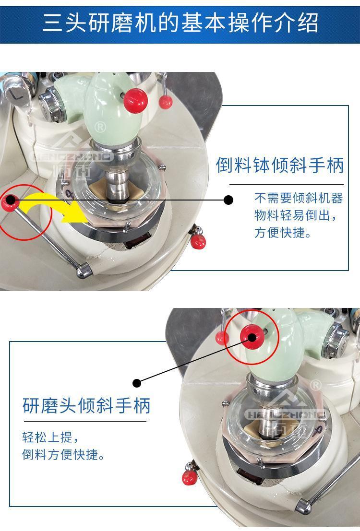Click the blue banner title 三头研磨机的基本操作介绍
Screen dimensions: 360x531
(x=180, y=23)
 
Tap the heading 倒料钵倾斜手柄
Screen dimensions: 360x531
(x=280, y=165)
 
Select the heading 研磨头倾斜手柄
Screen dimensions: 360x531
(x=86, y=405)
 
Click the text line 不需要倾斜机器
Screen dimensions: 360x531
(x=299, y=198)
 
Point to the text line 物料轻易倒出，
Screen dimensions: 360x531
(x=296, y=215)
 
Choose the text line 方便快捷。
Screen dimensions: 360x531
(x=283, y=232)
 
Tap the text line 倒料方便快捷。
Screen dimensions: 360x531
(x=63, y=454)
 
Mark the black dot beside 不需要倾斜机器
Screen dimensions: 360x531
(x=229, y=200)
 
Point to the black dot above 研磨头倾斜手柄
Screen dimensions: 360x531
(x=137, y=383)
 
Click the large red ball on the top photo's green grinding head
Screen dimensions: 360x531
(x=135, y=101)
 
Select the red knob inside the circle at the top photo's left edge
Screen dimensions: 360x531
(x=9, y=203)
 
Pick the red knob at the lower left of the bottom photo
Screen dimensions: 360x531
(x=190, y=477)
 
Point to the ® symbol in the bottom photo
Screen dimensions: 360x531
(x=315, y=385)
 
